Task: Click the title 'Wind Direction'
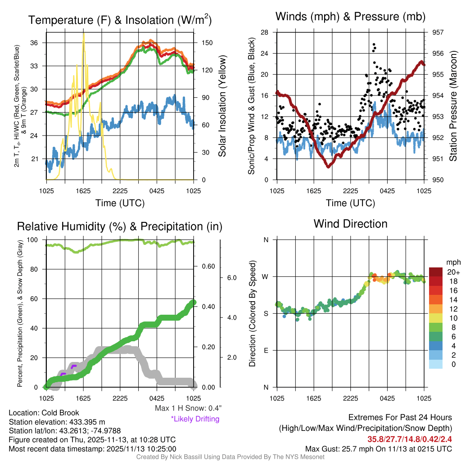350,224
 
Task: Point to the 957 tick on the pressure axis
438,32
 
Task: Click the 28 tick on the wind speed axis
265,32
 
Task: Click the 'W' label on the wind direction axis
266,276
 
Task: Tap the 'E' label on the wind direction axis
266,350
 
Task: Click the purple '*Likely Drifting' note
195,419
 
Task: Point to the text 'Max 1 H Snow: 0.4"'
188,408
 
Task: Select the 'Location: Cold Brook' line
44,413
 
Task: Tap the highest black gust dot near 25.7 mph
374,45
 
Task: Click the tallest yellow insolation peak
83,34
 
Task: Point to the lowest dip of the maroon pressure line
329,166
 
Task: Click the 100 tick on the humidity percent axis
35,240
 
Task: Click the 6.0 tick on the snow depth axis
231,278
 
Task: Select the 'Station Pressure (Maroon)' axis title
453,106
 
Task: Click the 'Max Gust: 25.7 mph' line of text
378,449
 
